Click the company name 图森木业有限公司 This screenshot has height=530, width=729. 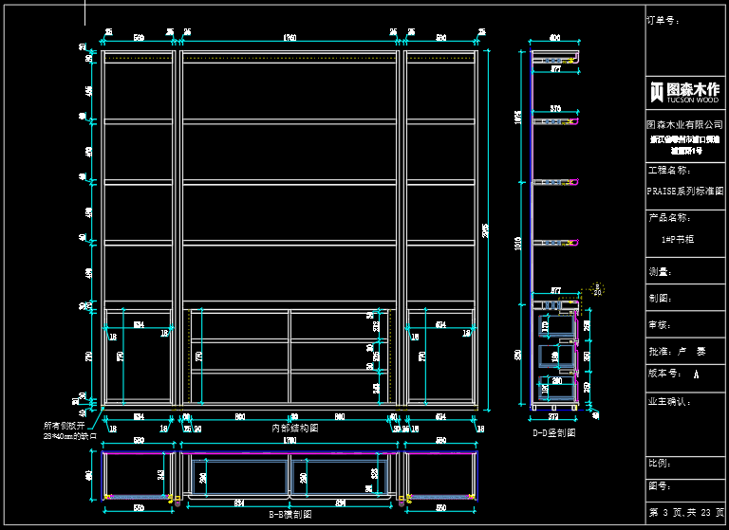point(684,124)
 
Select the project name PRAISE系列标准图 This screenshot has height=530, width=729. point(684,190)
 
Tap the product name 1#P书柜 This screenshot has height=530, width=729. point(678,239)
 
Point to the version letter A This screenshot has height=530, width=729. point(697,375)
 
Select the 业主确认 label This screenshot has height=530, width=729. point(668,402)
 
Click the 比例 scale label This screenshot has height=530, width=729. point(659,464)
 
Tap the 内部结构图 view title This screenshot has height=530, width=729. point(295,429)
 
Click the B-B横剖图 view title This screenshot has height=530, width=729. point(289,514)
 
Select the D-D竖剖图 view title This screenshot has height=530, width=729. point(554,432)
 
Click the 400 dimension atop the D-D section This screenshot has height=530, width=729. point(554,39)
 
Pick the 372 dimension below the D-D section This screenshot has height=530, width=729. point(554,416)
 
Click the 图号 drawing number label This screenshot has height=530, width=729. point(659,486)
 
